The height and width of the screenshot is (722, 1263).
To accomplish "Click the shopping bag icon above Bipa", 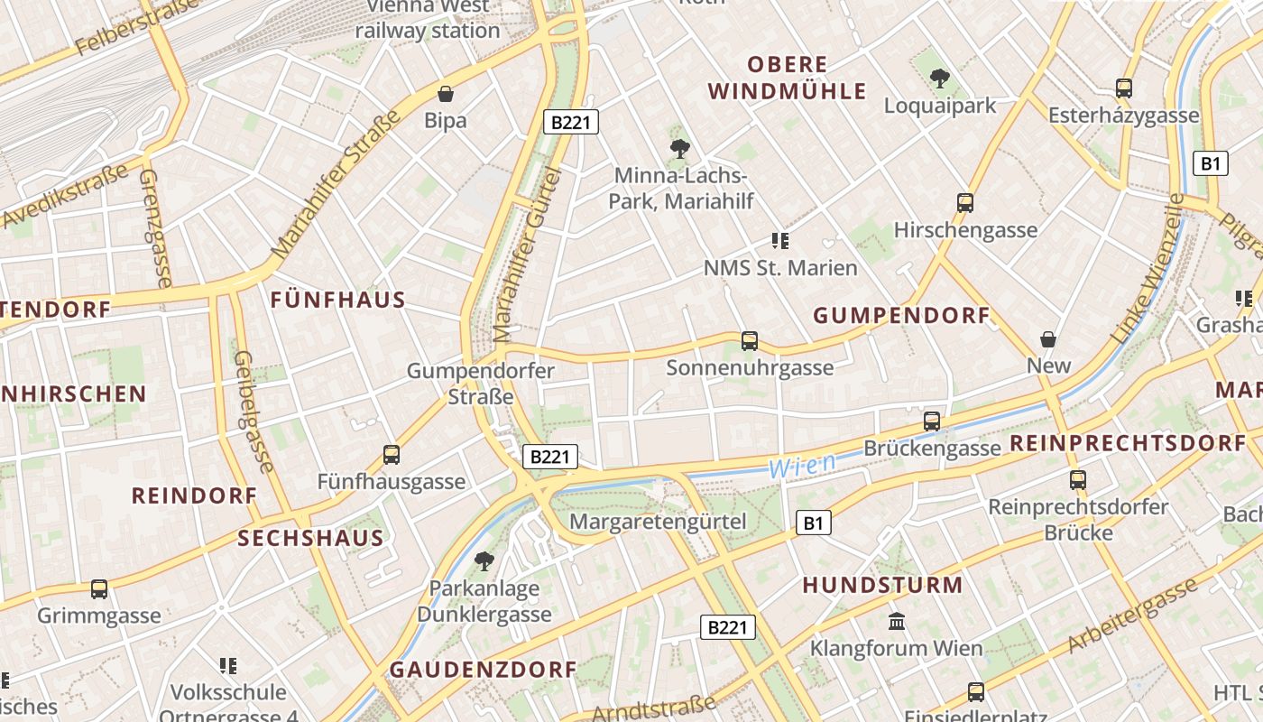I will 445,94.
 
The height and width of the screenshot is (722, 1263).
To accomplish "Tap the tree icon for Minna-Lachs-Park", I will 680,149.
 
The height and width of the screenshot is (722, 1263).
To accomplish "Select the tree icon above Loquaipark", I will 940,79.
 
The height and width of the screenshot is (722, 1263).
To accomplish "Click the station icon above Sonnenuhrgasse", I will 750,341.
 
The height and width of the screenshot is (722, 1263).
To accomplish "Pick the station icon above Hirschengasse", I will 965,203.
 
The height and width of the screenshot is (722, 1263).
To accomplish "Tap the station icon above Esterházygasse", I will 1124,88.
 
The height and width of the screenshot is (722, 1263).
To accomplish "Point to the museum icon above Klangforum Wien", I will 897,621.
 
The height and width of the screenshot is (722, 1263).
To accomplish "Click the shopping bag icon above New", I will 1048,339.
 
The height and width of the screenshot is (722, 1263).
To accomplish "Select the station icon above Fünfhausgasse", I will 392,455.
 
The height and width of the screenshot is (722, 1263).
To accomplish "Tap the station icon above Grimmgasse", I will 99,589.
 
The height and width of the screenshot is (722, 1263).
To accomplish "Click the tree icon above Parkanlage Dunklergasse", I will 484,561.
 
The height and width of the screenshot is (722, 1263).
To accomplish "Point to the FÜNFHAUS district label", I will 338,301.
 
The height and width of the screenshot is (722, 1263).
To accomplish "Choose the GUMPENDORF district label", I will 902,316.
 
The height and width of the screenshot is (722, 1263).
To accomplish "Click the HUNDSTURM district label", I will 883,585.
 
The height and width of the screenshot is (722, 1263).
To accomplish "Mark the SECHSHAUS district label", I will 311,539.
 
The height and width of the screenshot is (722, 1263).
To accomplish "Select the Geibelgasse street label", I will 252,412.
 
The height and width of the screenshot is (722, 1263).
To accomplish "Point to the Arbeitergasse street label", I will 1131,618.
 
